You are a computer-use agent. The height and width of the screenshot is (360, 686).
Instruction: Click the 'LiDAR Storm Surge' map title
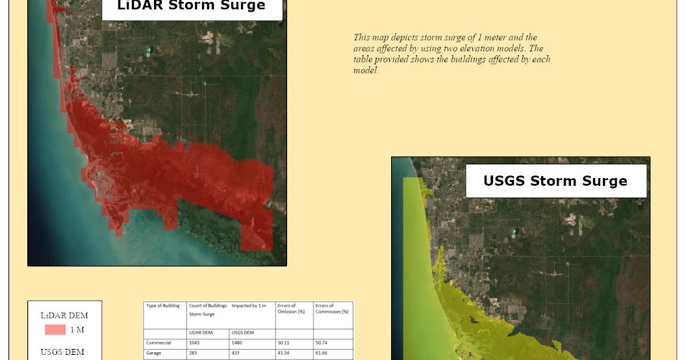[191, 6]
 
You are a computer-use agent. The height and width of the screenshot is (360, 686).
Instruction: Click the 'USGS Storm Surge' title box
[555, 181]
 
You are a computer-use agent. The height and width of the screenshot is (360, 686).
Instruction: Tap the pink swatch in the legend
[55, 329]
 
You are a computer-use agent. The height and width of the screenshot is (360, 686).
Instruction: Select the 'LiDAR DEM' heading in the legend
[64, 315]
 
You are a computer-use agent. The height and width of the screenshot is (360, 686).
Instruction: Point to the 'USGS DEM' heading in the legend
[62, 352]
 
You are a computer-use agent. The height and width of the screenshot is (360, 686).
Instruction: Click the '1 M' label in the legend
[77, 329]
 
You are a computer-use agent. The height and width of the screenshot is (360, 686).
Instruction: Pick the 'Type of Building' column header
[163, 305]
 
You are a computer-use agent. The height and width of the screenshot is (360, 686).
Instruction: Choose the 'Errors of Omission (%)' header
[286, 308]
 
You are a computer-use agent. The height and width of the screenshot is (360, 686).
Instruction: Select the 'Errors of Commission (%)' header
[331, 308]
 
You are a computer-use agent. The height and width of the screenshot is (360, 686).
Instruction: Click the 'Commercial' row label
[159, 342]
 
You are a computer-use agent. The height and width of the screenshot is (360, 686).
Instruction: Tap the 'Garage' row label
[154, 354]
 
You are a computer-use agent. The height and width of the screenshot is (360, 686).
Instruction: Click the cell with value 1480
[237, 342]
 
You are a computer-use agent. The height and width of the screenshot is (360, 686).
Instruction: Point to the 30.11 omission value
[283, 342]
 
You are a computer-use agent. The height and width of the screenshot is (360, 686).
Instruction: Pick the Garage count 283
[193, 354]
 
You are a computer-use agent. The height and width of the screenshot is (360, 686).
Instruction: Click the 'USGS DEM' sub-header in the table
[242, 332]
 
